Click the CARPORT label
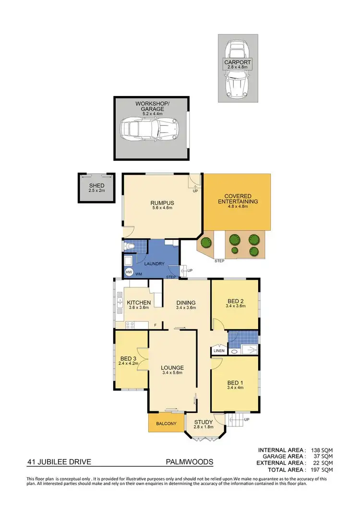238,62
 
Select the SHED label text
96,186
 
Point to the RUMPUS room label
161,202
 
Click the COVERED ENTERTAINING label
241,199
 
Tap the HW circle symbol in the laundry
129,272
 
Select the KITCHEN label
139,303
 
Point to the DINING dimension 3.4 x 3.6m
186,308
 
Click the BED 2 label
235,301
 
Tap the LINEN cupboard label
218,351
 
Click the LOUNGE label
172,368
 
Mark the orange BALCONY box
166,424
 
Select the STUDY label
203,422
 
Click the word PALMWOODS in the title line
189,463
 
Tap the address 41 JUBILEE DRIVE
59,463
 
